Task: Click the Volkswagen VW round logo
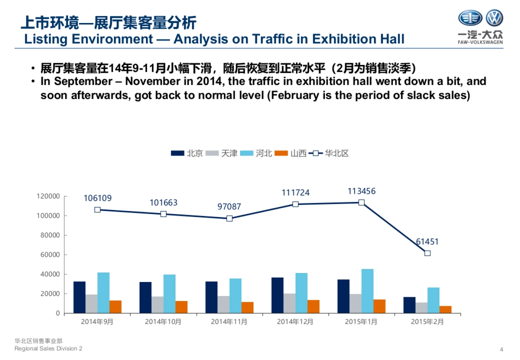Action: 494,18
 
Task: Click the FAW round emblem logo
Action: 470,18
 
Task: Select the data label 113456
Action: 361,191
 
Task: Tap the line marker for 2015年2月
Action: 427,253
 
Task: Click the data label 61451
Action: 427,242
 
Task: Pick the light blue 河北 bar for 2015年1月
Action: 367,291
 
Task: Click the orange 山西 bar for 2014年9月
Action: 115,306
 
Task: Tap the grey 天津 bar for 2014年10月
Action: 157,305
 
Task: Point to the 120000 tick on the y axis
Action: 49,196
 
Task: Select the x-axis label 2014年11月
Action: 229,322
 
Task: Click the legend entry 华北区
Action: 337,153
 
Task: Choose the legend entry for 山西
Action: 298,153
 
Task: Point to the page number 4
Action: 501,350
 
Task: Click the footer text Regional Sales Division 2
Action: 48,349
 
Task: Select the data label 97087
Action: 229,207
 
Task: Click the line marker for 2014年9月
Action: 97,210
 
